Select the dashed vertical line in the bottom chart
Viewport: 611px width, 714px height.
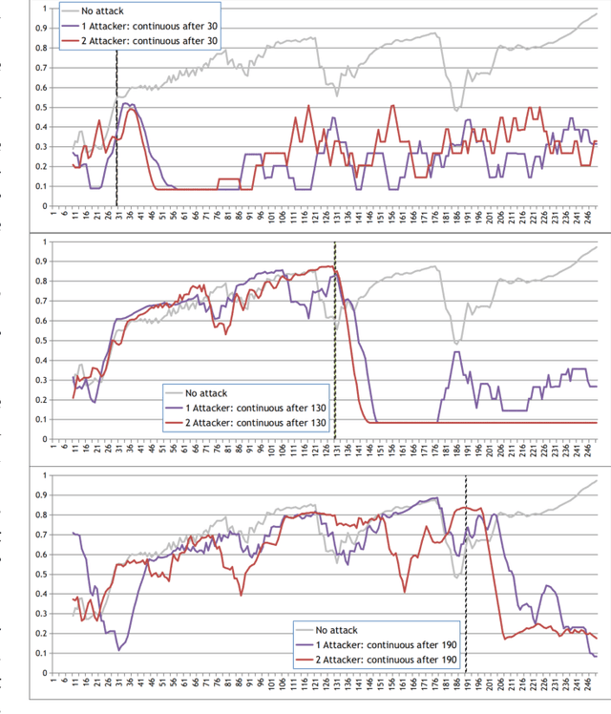click(x=466, y=573)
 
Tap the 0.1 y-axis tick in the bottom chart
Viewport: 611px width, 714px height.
click(x=39, y=653)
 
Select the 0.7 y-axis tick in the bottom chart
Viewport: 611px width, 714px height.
click(x=39, y=535)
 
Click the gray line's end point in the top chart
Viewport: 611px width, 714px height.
click(x=597, y=13)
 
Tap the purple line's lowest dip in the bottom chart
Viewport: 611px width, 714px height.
click(x=119, y=649)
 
